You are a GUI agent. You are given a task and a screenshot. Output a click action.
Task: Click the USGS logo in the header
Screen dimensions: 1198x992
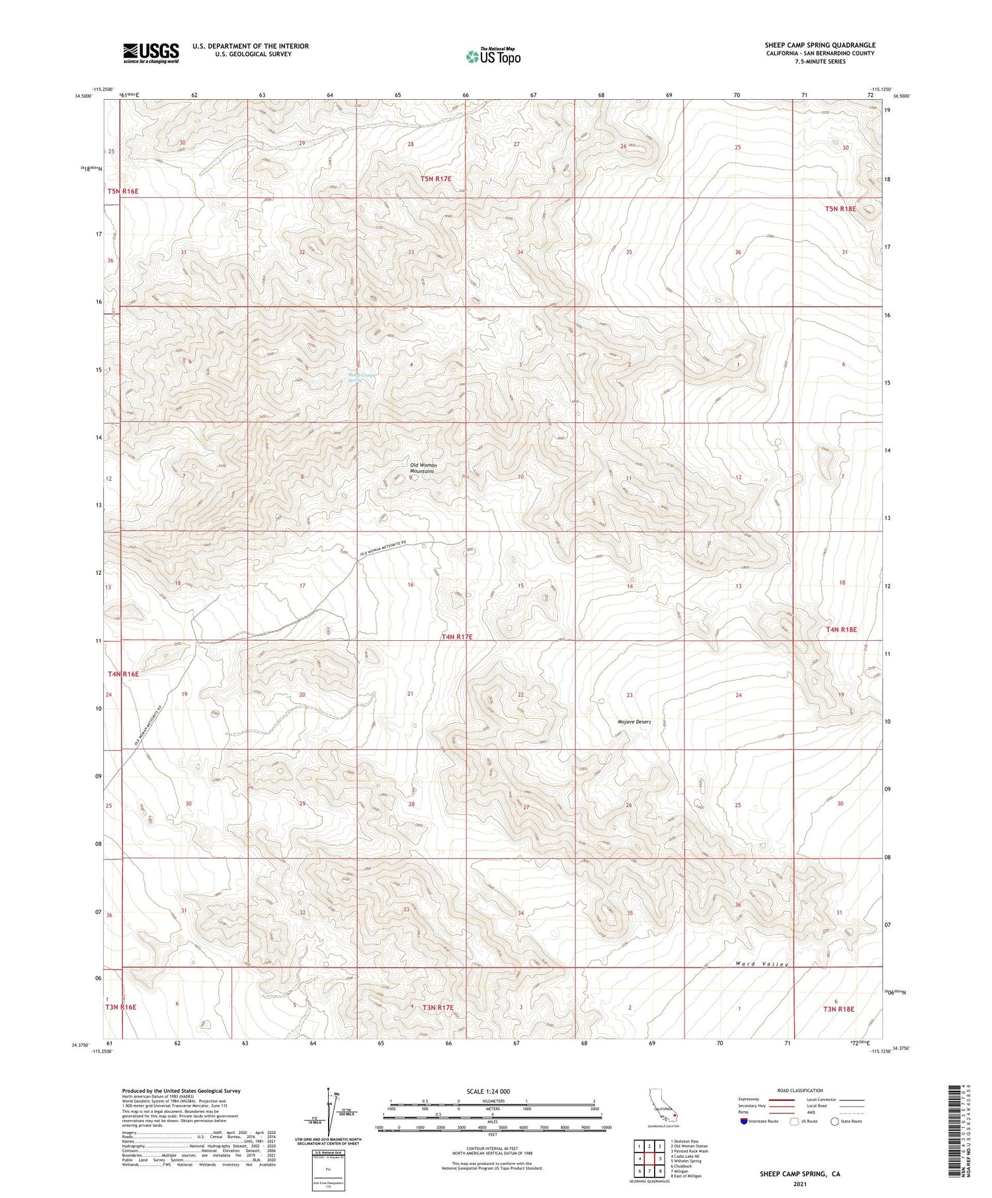tap(151, 53)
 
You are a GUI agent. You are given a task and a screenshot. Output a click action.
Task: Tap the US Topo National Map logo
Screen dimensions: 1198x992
tap(493, 56)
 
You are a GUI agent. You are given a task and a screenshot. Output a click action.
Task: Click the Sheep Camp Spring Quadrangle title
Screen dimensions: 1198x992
tap(819, 45)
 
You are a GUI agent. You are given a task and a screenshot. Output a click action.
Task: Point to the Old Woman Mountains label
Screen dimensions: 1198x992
tap(423, 468)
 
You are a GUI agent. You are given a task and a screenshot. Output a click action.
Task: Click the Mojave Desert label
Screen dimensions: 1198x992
tap(634, 722)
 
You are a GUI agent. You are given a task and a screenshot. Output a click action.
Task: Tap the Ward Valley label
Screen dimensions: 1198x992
tap(763, 964)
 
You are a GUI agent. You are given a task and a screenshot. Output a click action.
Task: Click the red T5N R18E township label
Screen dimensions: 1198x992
tap(840, 209)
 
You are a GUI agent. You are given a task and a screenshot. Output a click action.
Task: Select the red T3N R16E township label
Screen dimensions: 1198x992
tap(120, 1007)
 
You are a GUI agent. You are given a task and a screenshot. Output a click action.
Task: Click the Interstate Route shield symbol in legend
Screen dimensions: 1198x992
tap(743, 1121)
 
